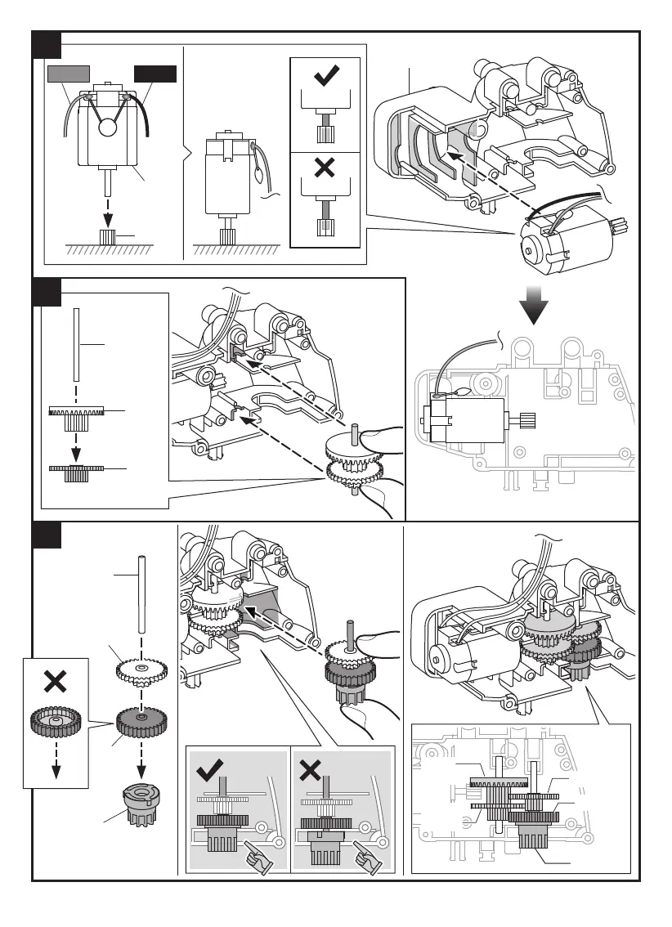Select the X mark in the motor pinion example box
tap(325, 168)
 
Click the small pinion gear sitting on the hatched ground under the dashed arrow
tap(107, 239)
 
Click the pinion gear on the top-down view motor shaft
tap(526, 420)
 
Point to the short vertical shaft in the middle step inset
tap(75, 343)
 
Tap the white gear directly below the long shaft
tap(141, 671)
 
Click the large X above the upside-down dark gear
tap(55, 683)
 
